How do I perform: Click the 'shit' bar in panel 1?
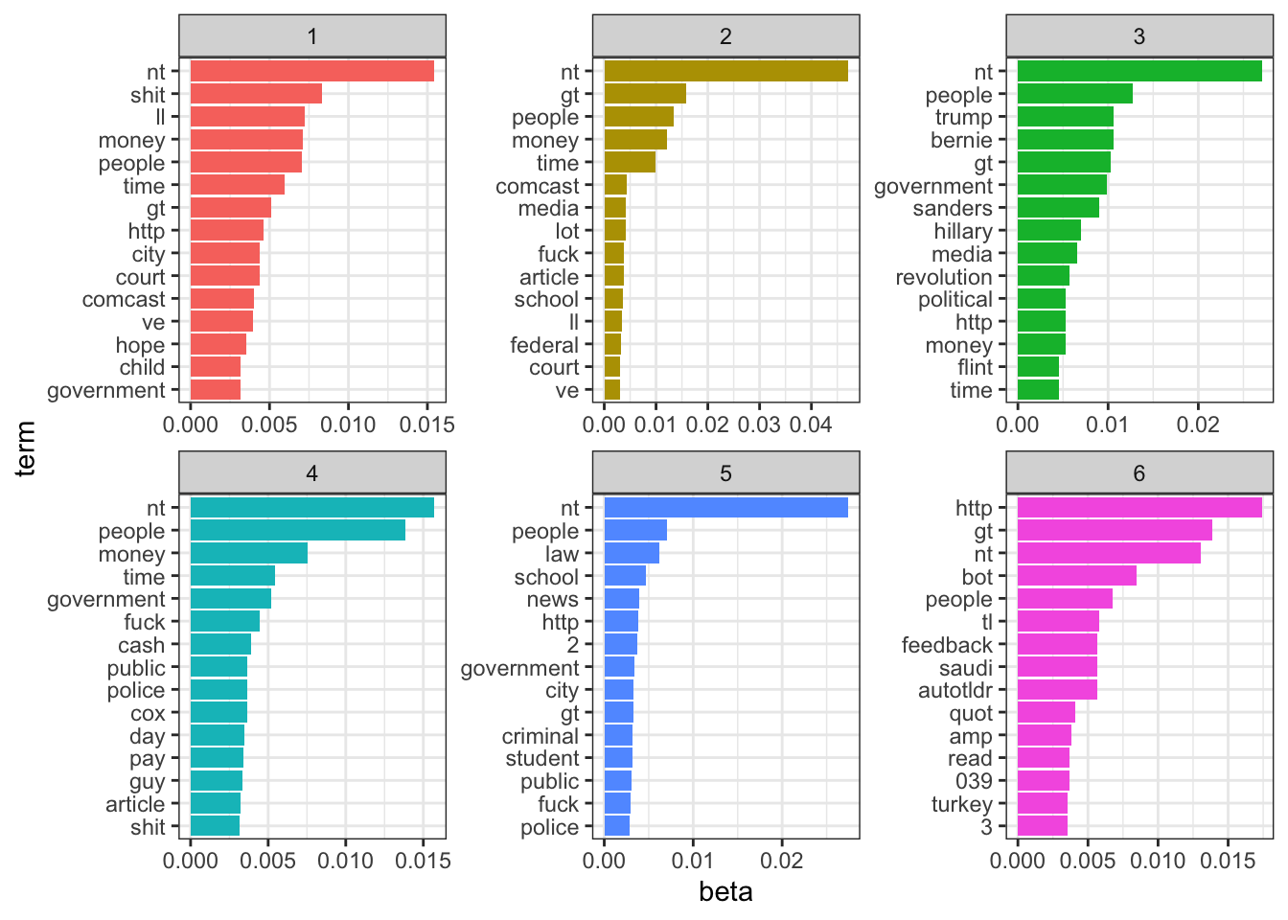click(x=256, y=94)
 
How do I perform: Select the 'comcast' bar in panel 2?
click(x=615, y=185)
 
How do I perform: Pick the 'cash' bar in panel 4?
click(x=220, y=645)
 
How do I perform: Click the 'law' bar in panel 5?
click(x=632, y=554)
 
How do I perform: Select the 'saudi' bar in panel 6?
click(x=1057, y=667)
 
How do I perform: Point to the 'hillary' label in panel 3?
click(x=963, y=231)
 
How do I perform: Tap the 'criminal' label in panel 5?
click(x=540, y=736)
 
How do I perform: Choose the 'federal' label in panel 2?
click(x=544, y=345)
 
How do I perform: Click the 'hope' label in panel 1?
click(x=140, y=345)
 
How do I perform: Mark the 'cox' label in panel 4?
click(x=149, y=713)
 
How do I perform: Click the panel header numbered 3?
click(x=1138, y=36)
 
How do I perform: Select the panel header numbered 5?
click(x=725, y=473)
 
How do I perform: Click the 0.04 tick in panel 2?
click(x=811, y=425)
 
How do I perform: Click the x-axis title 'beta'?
click(x=725, y=892)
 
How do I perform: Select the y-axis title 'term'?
click(x=26, y=448)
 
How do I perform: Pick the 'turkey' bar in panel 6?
click(x=1043, y=804)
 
